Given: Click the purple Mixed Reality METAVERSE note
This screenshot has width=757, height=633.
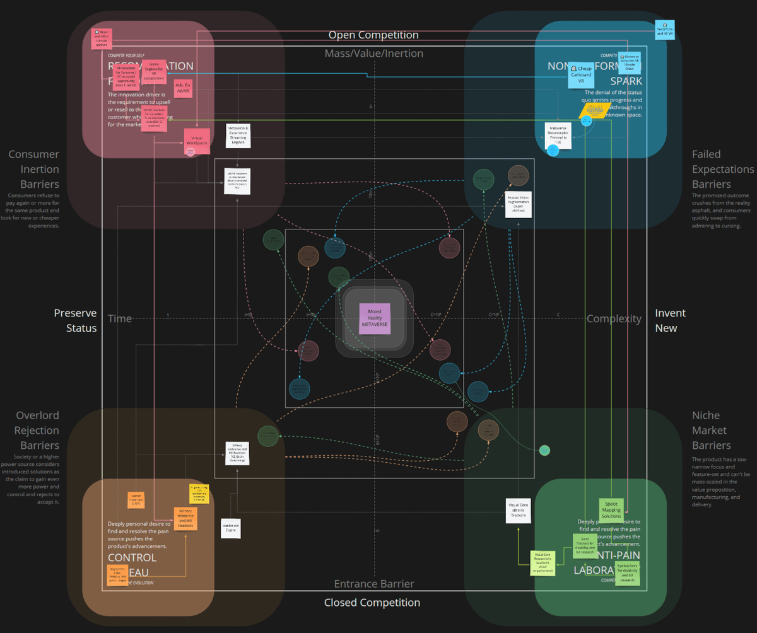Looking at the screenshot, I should (x=375, y=318).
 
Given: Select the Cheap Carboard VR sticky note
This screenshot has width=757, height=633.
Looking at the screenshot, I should (x=581, y=75).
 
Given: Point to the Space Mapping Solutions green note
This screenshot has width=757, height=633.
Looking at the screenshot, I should (x=611, y=509).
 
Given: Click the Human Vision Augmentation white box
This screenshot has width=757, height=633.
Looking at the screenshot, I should (x=518, y=204).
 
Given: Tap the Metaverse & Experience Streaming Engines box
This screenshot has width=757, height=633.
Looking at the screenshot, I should (x=238, y=136).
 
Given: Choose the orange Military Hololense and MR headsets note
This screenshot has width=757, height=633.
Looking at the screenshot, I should (x=185, y=518).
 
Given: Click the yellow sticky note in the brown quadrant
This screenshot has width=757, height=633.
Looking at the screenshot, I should (x=199, y=494).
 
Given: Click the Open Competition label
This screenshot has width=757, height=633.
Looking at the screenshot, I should (x=373, y=35).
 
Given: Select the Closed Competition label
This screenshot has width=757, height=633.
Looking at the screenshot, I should (x=372, y=603).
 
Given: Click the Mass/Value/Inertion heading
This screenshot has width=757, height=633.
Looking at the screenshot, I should (x=374, y=54).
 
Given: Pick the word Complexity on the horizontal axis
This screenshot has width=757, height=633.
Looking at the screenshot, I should (x=614, y=318).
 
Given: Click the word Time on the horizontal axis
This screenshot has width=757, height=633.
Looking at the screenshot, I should (x=120, y=318).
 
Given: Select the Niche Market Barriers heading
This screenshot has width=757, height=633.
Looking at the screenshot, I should (x=710, y=431).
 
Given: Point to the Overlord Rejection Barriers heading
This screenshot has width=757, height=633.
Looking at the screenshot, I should (x=37, y=431).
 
